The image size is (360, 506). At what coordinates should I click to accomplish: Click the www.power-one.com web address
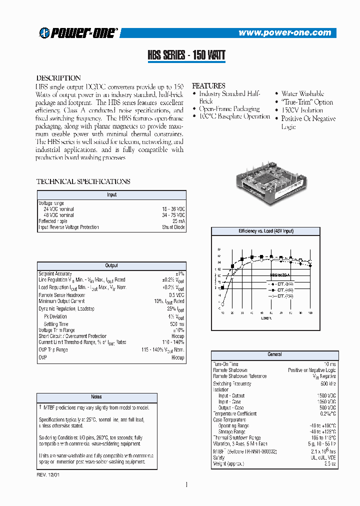(284, 33)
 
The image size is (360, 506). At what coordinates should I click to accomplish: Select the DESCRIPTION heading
(58, 78)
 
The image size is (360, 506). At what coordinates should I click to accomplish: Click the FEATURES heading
(208, 85)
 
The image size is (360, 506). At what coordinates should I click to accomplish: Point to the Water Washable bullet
(302, 93)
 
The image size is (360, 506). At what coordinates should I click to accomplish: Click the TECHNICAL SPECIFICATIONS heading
(83, 181)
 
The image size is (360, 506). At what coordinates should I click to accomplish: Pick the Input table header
(111, 194)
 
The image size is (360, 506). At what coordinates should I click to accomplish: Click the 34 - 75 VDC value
(173, 215)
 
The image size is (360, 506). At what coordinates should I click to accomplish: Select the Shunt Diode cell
(173, 227)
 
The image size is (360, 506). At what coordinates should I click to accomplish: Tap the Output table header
(111, 265)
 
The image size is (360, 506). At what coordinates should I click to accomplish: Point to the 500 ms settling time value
(177, 324)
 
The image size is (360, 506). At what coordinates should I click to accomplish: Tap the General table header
(274, 354)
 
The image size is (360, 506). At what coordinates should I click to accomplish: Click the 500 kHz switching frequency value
(328, 383)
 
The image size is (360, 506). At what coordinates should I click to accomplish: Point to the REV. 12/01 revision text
(48, 473)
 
